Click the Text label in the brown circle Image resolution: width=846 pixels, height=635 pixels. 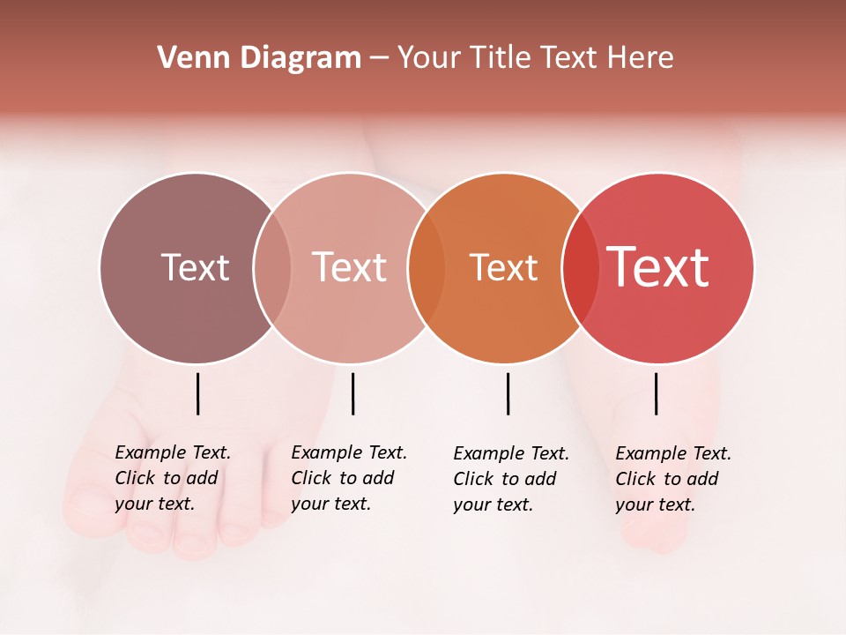click(x=195, y=267)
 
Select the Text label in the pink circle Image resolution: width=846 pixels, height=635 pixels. click(x=350, y=267)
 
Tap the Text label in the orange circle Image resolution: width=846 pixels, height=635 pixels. click(x=503, y=267)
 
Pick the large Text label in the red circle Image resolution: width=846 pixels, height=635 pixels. click(x=658, y=267)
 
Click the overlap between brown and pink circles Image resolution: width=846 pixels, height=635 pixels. click(x=272, y=267)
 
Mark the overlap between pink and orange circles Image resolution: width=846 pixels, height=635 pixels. click(x=427, y=267)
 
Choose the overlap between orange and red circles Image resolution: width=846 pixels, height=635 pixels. click(x=581, y=267)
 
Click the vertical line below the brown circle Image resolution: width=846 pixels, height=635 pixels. click(x=198, y=393)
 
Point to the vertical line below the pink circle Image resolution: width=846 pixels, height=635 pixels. click(x=352, y=393)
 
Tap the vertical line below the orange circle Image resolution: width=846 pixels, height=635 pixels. click(x=508, y=393)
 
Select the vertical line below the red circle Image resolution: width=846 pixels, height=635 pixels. click(x=656, y=393)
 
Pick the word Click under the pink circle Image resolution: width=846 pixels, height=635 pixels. click(x=311, y=478)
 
